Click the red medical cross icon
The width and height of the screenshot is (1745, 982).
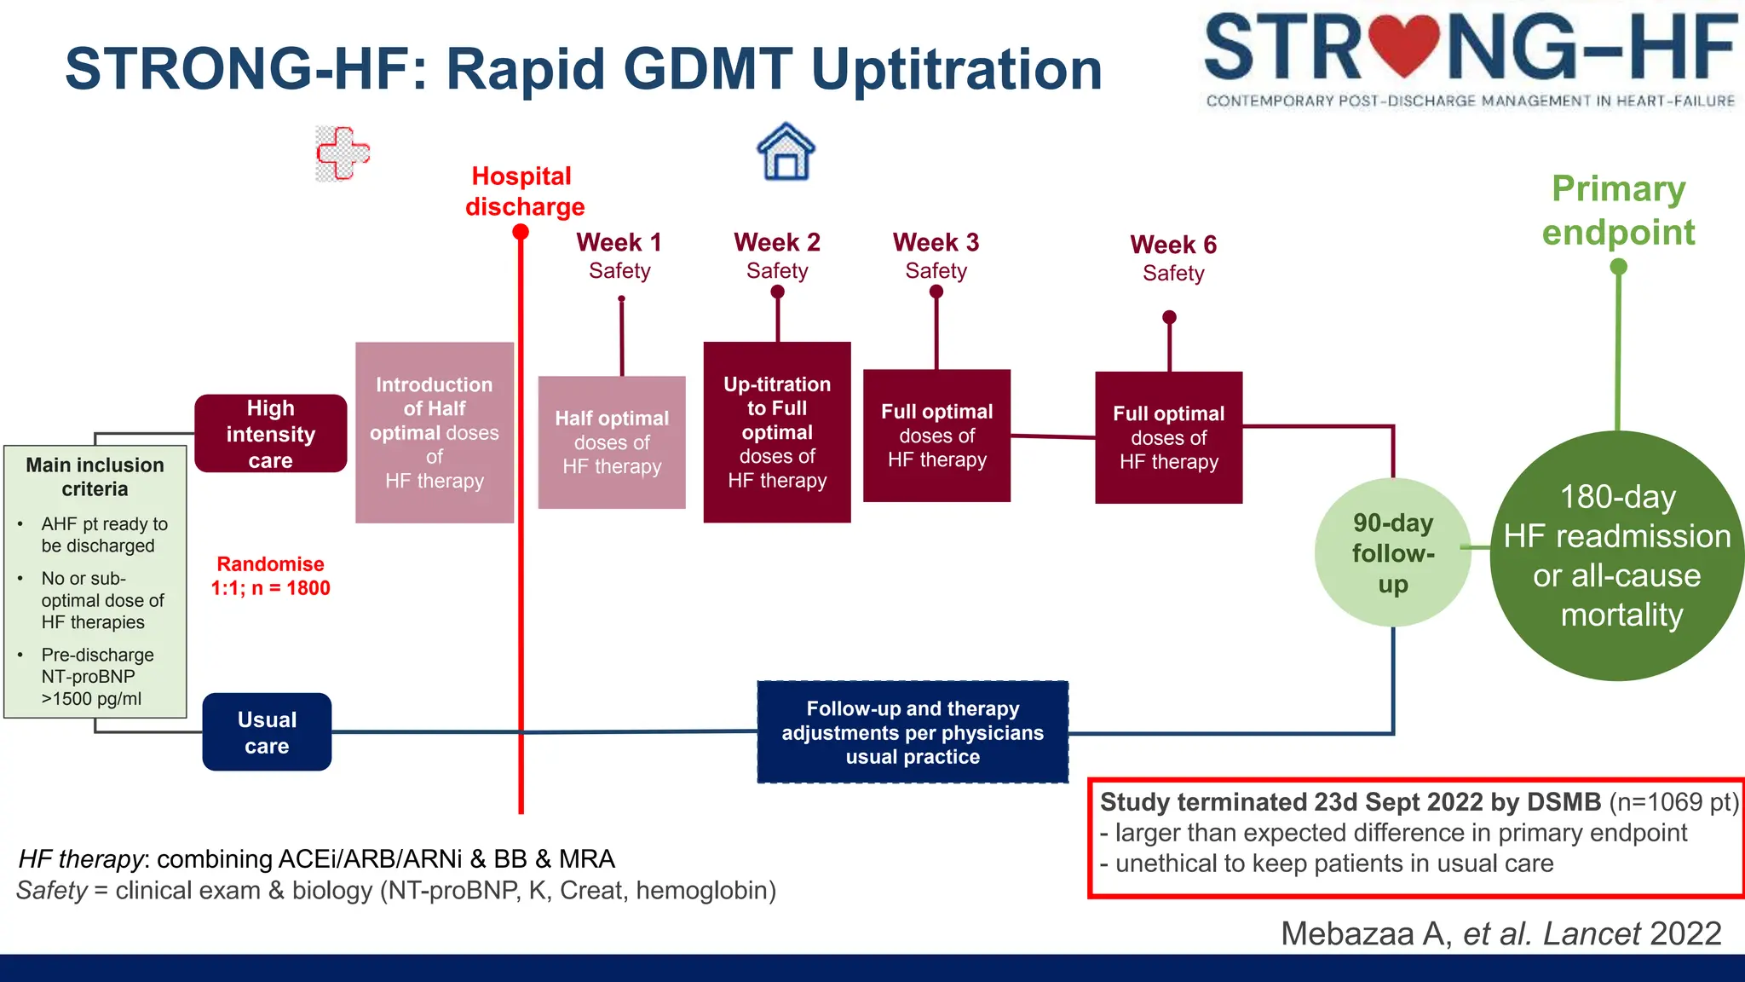click(343, 153)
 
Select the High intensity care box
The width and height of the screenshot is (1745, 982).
click(270, 434)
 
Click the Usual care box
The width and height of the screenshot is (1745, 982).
click(267, 732)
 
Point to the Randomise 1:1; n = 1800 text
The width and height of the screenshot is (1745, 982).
click(270, 576)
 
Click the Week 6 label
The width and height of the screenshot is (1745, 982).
click(1172, 245)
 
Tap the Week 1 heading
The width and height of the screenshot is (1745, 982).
click(619, 242)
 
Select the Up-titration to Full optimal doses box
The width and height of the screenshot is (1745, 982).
click(776, 432)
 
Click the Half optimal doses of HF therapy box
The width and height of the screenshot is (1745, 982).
click(612, 442)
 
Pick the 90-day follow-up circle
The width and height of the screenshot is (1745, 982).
click(1392, 553)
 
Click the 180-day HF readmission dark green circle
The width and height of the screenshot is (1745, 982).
click(1616, 556)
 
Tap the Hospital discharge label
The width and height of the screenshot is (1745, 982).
click(524, 192)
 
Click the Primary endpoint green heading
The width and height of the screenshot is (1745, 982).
click(1618, 210)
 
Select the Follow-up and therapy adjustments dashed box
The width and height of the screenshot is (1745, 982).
click(913, 732)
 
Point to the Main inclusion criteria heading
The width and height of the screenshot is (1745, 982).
click(95, 477)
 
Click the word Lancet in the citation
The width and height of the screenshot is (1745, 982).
click(1592, 934)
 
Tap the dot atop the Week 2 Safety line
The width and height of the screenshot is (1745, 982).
click(777, 292)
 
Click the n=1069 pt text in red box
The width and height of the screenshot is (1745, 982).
click(1673, 802)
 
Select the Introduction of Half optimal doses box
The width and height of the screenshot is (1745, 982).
click(434, 432)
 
